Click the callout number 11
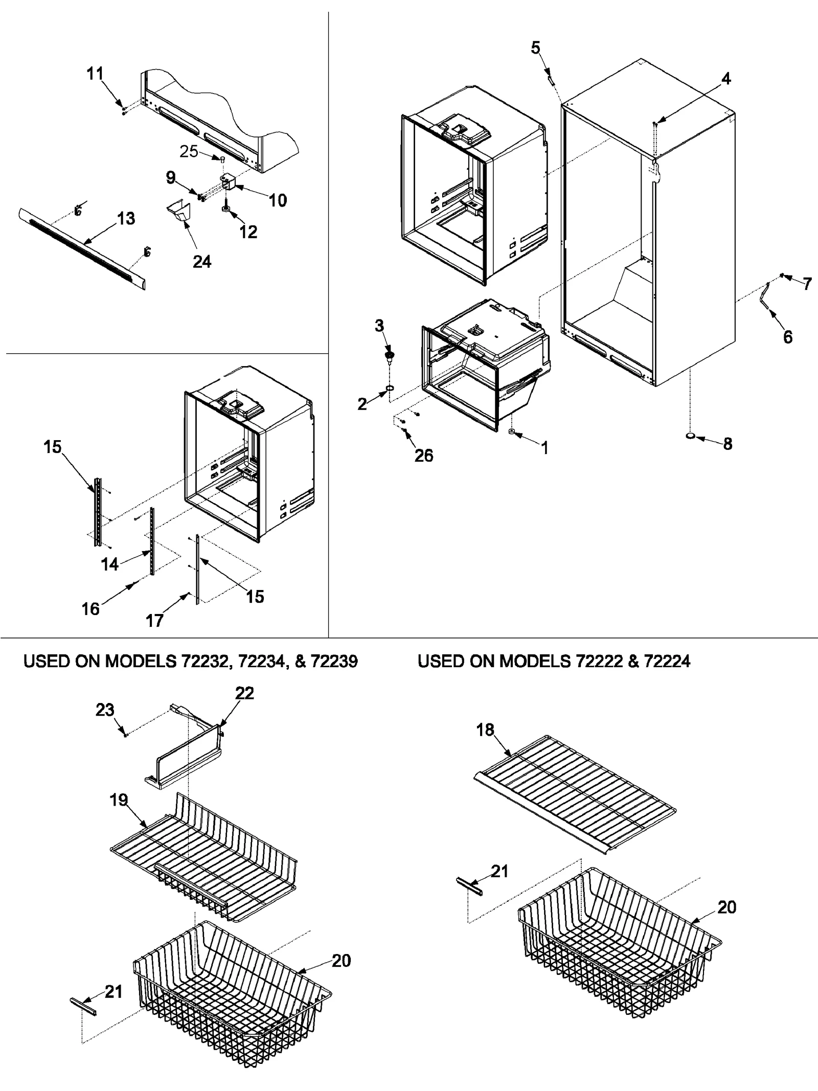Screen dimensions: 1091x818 point(95,74)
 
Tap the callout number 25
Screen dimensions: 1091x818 point(189,151)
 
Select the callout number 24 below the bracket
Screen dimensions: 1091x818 point(202,262)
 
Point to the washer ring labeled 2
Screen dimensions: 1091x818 point(390,389)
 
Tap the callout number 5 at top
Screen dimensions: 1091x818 point(535,48)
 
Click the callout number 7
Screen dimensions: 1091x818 point(807,284)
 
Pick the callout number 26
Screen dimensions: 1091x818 point(424,455)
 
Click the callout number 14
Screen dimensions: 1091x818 point(109,564)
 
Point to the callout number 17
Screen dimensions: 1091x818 point(154,621)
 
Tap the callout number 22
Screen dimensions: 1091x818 point(244,693)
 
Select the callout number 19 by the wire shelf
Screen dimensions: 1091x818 point(119,800)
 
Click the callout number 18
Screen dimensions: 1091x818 point(485,730)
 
